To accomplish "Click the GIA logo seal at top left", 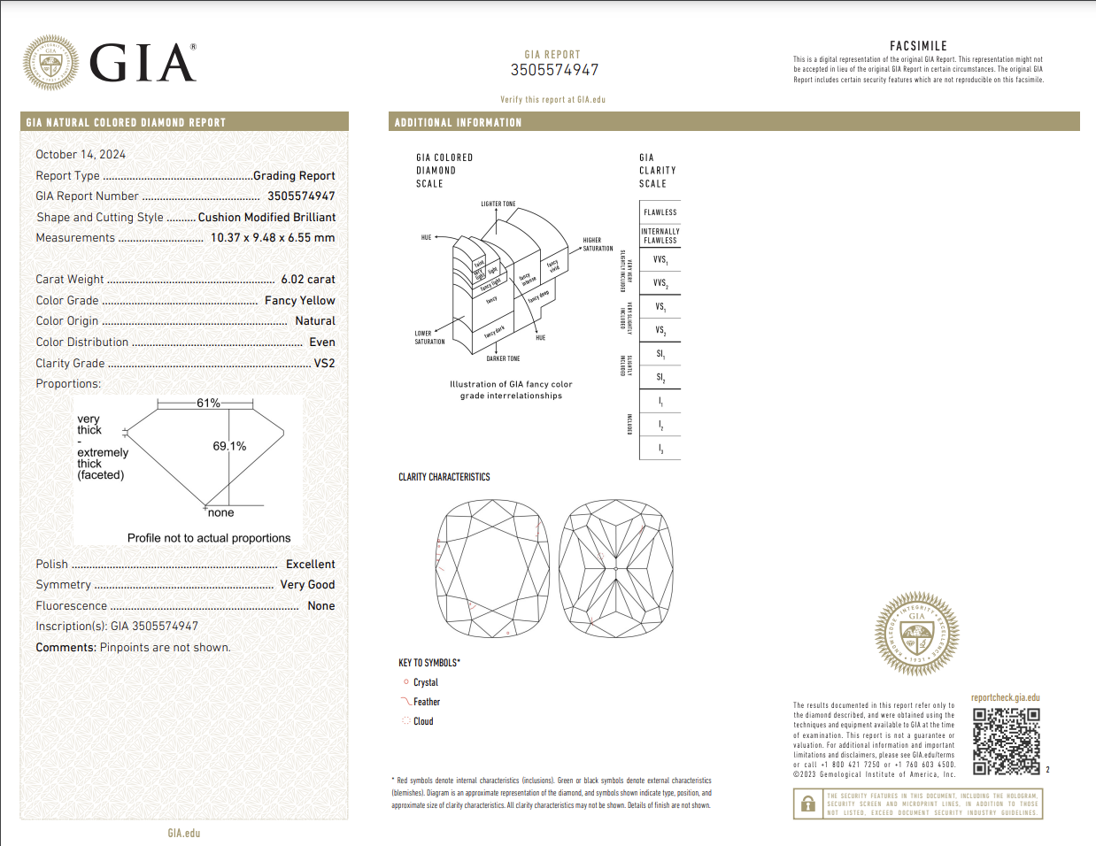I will [50, 63].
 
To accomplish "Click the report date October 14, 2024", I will [81, 155].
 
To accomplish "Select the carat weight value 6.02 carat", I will [307, 280].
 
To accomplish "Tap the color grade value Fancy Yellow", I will [299, 301].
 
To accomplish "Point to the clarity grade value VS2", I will [324, 364].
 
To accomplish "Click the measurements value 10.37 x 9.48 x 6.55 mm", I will [273, 238].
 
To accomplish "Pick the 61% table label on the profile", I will [208, 404].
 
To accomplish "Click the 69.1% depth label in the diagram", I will [229, 447].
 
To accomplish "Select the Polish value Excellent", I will [310, 565].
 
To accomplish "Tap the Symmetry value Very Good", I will [307, 585].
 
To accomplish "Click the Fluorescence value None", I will [320, 606].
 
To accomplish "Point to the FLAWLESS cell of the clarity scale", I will [660, 212].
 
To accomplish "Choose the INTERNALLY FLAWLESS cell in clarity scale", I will [660, 236].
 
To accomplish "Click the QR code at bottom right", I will [1006, 741].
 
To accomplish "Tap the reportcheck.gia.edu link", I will [1005, 697].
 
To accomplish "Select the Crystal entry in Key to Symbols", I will [425, 683].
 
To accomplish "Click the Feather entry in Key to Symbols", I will [426, 703].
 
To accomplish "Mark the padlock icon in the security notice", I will [807, 804].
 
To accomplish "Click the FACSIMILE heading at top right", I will [918, 46].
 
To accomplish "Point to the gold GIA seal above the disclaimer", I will [916, 634].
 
